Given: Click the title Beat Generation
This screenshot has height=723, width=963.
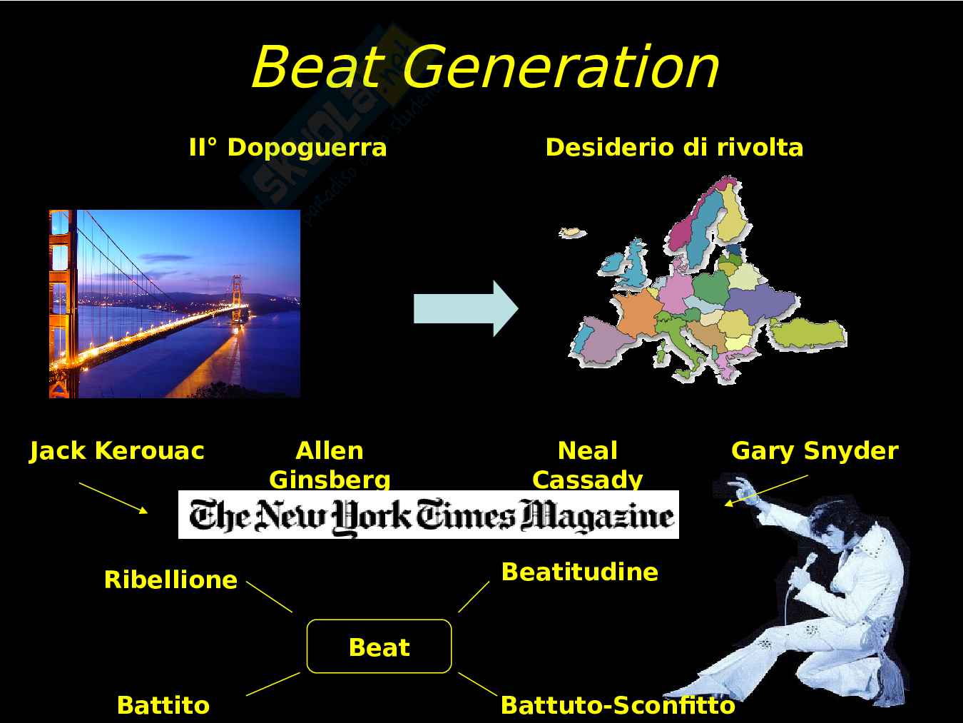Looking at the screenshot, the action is [485, 67].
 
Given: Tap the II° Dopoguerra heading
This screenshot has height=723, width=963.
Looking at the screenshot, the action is [287, 148].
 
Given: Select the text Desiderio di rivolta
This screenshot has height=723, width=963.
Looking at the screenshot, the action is [674, 148].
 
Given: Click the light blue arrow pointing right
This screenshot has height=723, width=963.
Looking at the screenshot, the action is [466, 308].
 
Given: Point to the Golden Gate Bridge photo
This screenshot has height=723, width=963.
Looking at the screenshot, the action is [175, 304].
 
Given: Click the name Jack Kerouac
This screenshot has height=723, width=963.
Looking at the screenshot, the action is [117, 451].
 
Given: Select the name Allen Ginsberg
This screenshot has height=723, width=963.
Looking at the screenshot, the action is [330, 465].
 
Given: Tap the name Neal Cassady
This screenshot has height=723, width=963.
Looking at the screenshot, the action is [588, 465].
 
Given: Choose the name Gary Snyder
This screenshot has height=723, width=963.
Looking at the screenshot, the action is [815, 451].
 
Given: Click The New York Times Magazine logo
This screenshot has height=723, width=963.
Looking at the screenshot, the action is [429, 515].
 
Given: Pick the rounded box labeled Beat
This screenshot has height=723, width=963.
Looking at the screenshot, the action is [379, 647].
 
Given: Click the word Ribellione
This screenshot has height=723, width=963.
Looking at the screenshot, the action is [170, 580].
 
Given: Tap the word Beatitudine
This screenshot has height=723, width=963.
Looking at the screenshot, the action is [579, 572].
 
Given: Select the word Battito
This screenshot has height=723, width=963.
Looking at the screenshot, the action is [163, 705].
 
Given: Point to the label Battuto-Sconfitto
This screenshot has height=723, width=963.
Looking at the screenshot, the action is [618, 705].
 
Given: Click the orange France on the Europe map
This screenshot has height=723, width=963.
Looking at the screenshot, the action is [636, 310].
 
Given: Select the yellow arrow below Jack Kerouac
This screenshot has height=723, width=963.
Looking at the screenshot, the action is [113, 497].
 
